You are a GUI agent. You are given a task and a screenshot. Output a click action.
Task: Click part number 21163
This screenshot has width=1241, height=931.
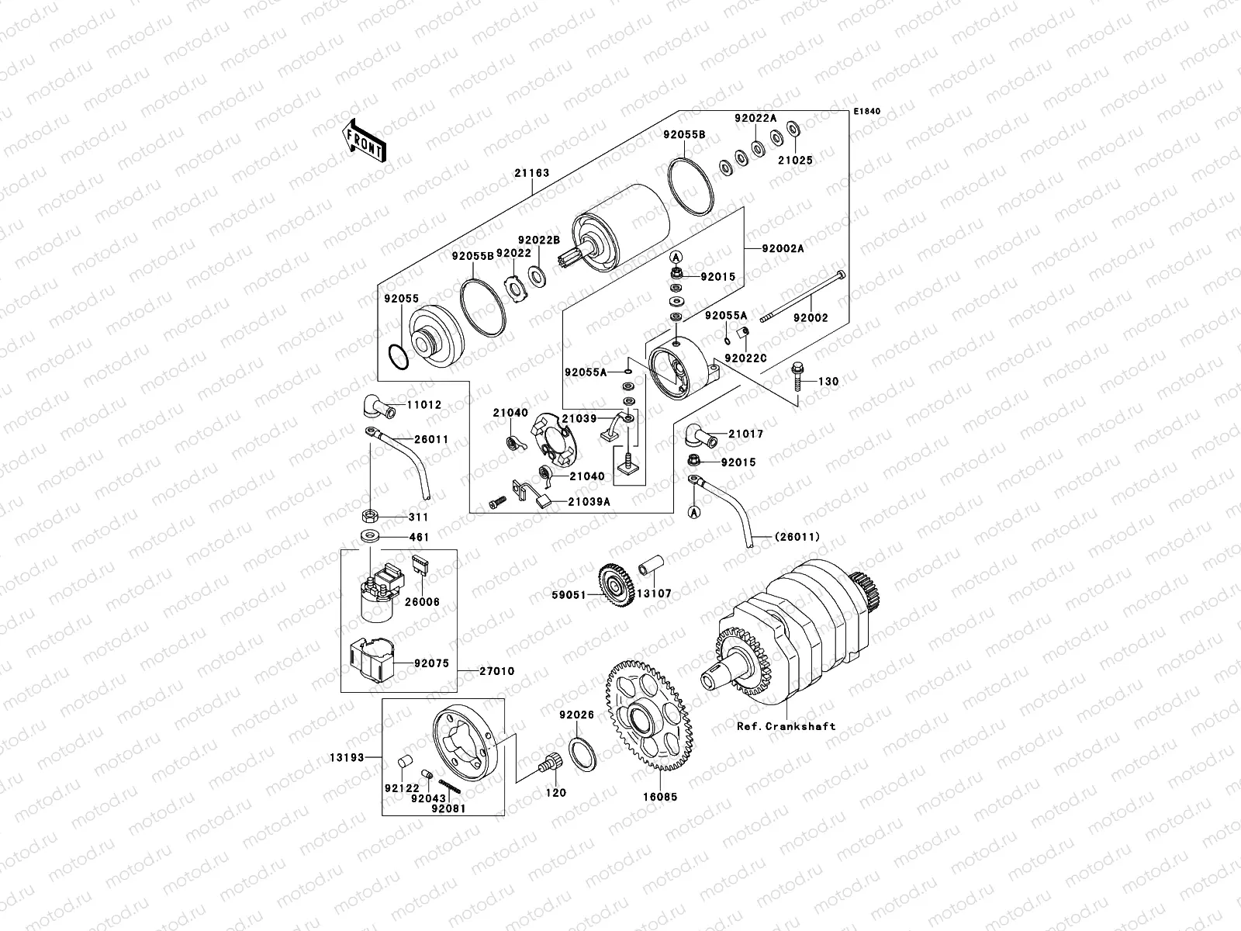531,173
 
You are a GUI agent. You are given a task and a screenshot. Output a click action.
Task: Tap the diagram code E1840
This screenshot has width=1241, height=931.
868,112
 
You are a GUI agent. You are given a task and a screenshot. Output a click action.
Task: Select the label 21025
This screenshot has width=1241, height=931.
795,161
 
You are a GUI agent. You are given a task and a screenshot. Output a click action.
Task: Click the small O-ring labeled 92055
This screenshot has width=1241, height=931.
396,358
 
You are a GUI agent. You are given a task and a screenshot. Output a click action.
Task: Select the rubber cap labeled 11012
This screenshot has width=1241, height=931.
376,406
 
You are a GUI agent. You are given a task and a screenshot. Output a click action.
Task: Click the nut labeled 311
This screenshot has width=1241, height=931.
370,515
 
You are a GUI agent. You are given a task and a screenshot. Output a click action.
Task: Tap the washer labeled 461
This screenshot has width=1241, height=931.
368,536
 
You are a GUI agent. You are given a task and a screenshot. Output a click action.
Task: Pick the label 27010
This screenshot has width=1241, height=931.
496,671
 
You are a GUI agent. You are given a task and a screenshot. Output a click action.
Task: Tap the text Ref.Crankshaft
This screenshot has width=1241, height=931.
786,726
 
